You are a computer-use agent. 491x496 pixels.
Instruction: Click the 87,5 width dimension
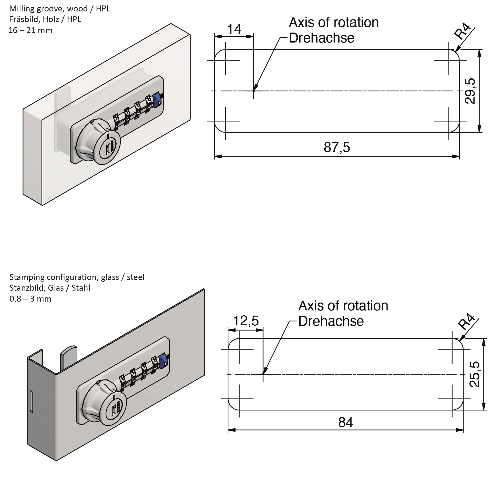[336, 147]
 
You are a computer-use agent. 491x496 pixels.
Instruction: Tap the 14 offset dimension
[234, 29]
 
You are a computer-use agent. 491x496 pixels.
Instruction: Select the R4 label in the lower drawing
[466, 322]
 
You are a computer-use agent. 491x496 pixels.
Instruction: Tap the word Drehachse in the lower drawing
[331, 321]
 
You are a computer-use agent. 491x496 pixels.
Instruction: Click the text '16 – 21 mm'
[30, 30]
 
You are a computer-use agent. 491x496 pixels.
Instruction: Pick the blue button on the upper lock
[157, 100]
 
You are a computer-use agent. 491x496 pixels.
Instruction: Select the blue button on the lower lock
[163, 361]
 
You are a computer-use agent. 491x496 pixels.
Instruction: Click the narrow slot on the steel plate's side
[32, 402]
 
